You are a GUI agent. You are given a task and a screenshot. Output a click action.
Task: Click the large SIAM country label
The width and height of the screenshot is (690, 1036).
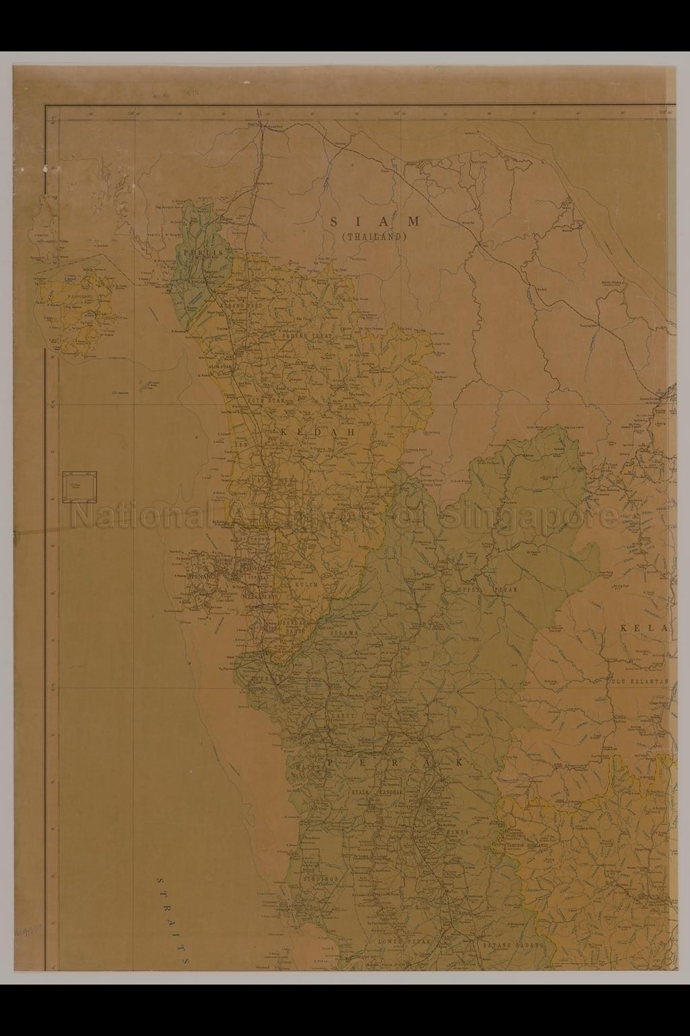pos(375,222)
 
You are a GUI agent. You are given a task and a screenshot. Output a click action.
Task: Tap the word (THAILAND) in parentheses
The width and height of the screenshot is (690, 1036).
pos(375,237)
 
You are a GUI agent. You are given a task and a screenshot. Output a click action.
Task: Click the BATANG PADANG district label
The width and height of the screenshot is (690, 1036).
pos(512,945)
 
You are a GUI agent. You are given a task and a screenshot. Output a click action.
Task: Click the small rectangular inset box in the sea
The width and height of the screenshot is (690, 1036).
pos(80,486)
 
